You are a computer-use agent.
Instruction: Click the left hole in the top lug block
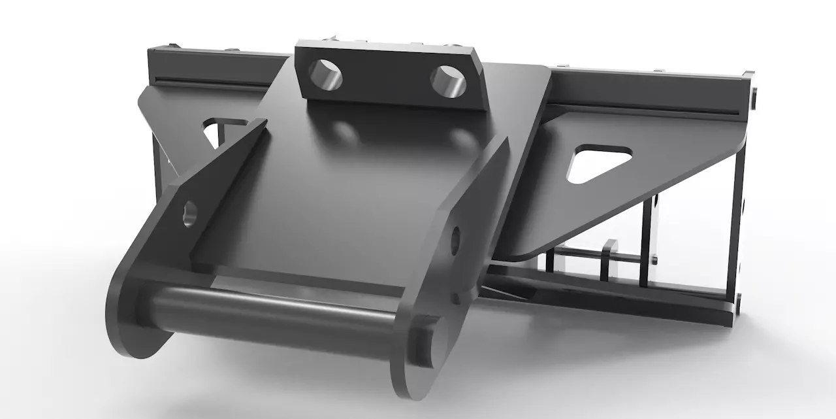click(x=326, y=75)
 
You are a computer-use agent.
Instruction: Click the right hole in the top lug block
click(x=449, y=80)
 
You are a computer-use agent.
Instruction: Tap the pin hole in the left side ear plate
click(x=189, y=213)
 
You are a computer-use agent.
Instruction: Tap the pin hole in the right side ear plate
click(x=455, y=240)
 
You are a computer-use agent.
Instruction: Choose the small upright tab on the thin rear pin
click(x=610, y=254)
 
